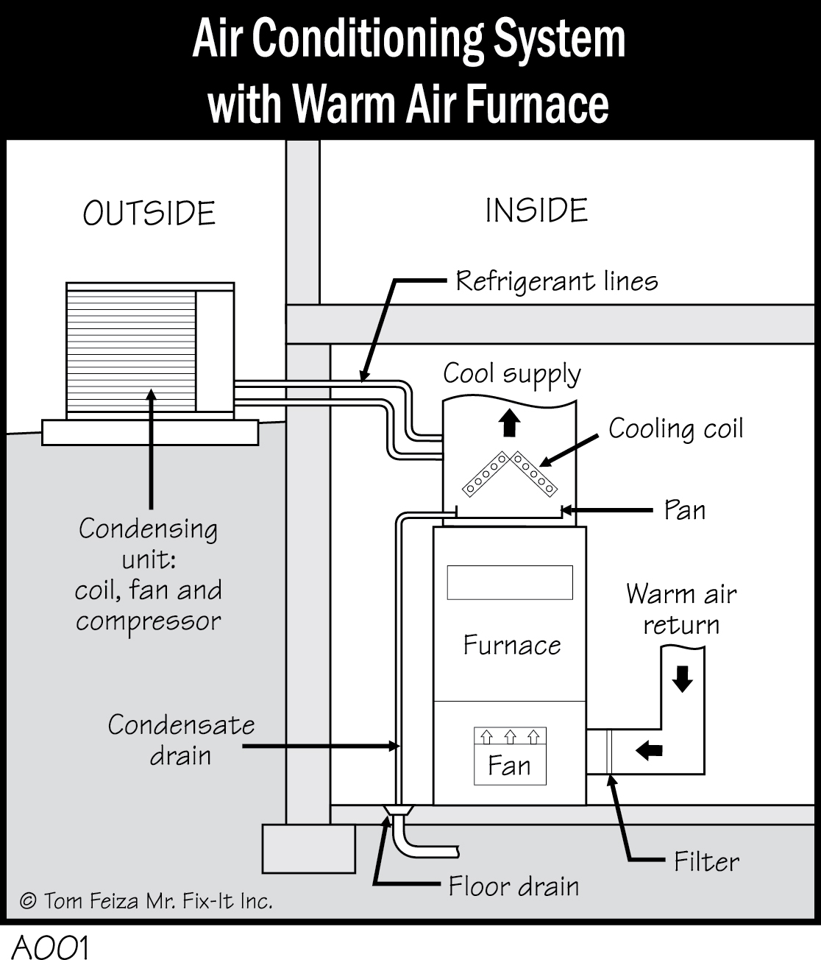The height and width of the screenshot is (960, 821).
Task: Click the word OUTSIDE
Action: (149, 213)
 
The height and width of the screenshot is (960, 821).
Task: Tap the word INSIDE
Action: (536, 211)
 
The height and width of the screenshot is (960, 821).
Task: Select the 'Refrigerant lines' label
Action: (557, 281)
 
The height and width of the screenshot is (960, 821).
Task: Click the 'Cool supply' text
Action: (511, 374)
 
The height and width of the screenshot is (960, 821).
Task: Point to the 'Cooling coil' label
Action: (675, 428)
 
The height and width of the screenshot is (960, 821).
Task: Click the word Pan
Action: (684, 509)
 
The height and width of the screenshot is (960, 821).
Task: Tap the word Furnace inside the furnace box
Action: (511, 645)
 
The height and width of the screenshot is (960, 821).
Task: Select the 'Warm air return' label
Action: (680, 609)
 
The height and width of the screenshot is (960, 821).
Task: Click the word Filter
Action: (706, 861)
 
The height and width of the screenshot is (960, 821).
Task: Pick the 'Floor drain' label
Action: (513, 886)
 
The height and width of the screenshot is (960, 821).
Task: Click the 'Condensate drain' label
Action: (181, 740)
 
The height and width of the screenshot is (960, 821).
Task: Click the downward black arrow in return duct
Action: (683, 679)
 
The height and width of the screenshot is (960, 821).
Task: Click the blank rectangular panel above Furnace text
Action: (509, 582)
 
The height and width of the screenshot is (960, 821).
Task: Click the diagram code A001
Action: (50, 947)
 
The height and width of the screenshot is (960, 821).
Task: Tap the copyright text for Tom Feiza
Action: (146, 900)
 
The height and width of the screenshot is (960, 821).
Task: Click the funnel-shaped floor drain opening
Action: (398, 811)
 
